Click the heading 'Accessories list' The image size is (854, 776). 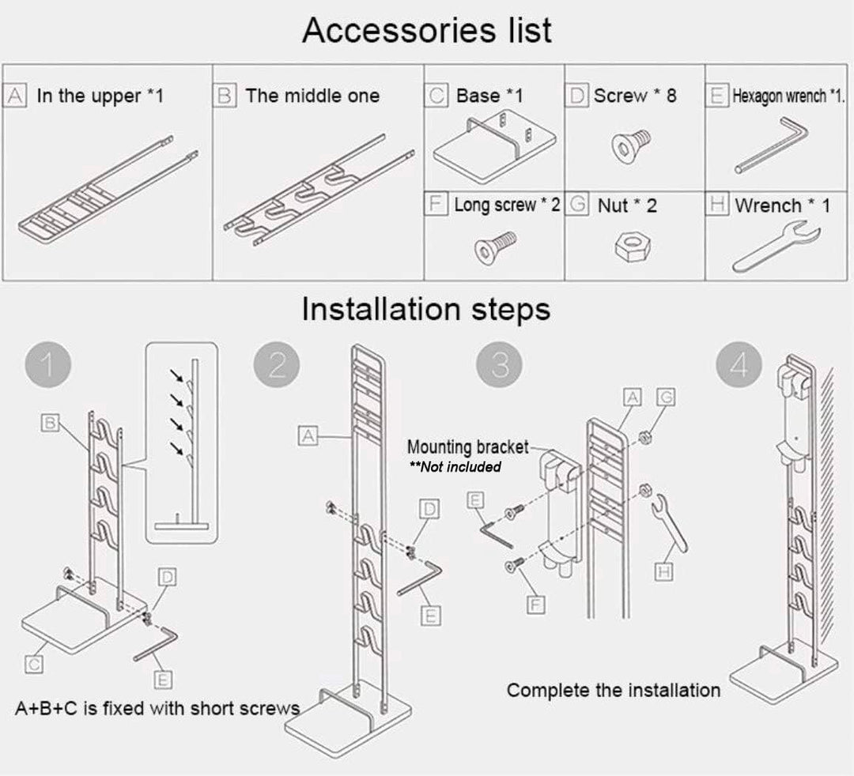426,31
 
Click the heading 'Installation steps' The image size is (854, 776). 425,309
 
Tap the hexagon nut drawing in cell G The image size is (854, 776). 633,247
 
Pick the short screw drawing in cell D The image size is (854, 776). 631,143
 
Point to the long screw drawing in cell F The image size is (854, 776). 494,247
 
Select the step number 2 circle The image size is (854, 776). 277,366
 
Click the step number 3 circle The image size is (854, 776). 500,366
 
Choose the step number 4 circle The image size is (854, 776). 739,366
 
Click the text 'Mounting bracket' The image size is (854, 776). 467,448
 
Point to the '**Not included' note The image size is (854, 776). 455,467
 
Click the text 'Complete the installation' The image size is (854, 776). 613,690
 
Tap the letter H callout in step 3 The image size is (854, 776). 664,570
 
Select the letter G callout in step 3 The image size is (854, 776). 666,397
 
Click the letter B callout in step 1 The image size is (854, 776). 50,424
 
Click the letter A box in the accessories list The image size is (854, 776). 14,96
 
